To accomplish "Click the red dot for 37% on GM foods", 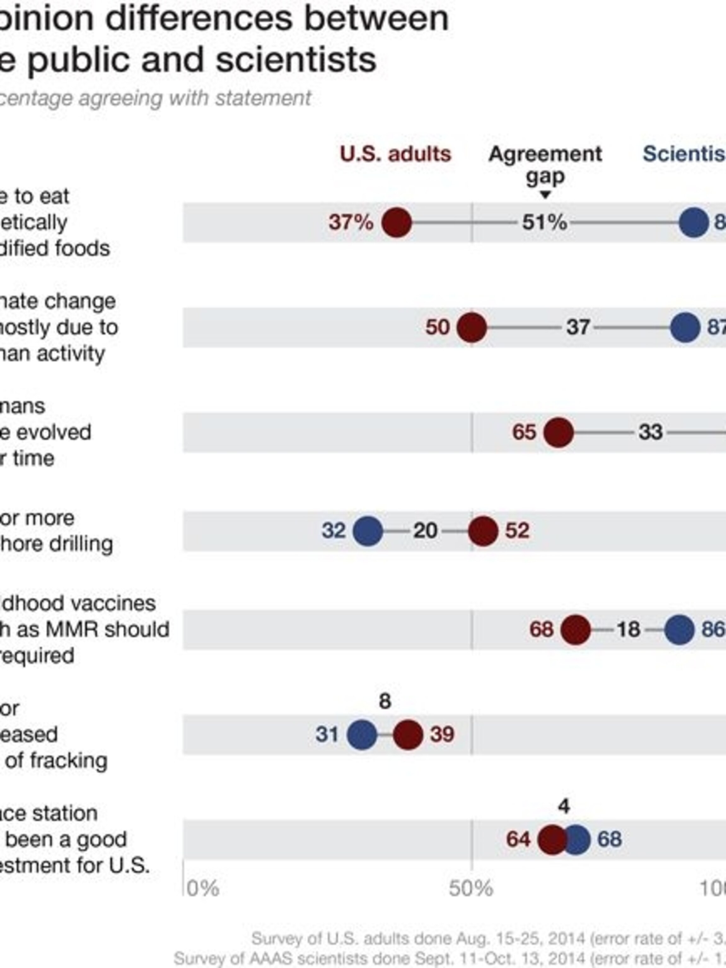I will tap(396, 222).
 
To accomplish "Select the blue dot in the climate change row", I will tap(685, 327).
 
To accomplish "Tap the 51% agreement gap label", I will tap(544, 222).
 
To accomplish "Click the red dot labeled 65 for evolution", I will tap(558, 432).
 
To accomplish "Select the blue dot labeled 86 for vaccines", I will tap(679, 629).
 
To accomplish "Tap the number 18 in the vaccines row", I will tap(628, 629).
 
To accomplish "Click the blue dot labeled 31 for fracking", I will tap(362, 734).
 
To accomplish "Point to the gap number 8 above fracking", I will tap(385, 701).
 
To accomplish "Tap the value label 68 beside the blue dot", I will tap(610, 839).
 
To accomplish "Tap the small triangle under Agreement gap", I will tap(545, 195).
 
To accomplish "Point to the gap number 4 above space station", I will tap(564, 806).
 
